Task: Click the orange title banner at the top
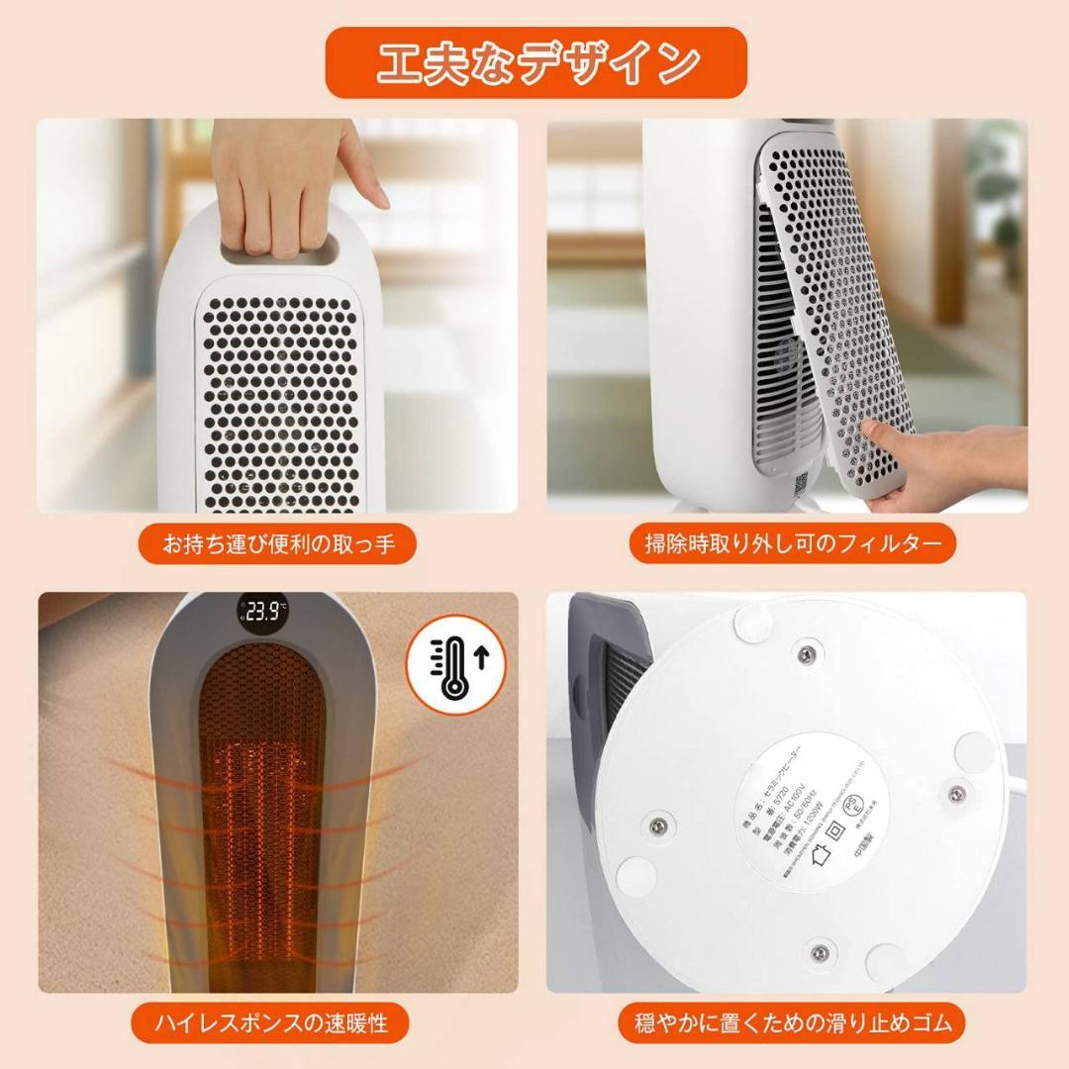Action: [535, 61]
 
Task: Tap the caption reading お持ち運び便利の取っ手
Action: [276, 543]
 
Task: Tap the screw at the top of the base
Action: [808, 653]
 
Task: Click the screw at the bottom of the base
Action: [819, 953]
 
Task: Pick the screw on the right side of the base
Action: [956, 793]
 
